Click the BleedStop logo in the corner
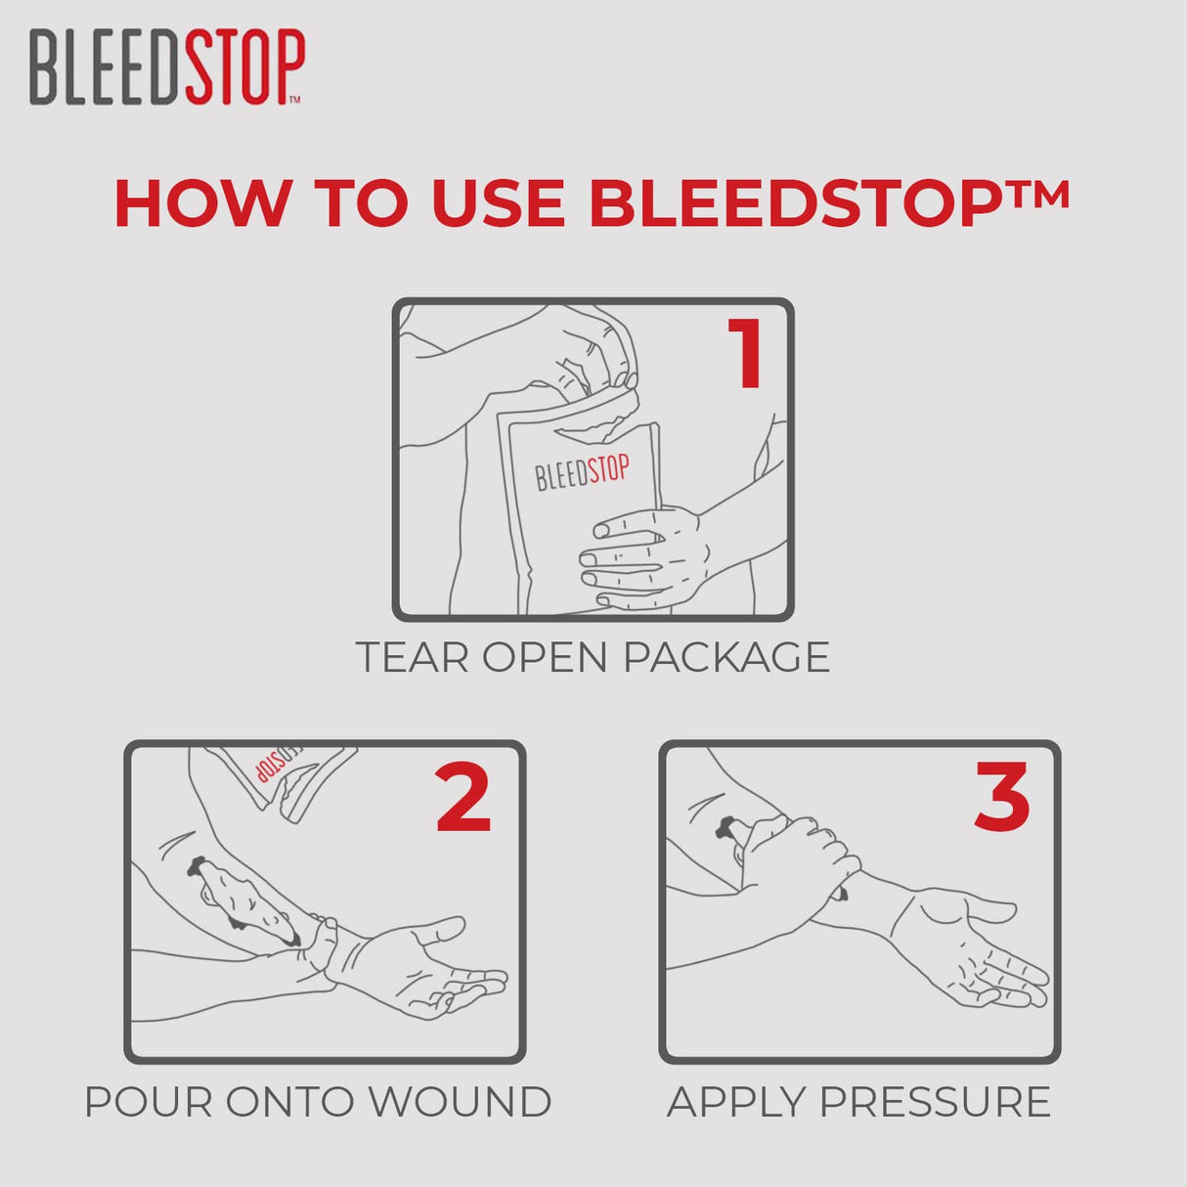pos(166,66)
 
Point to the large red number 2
pos(462,799)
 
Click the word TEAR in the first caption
pos(412,657)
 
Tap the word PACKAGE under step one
pos(725,657)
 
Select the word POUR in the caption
pos(147,1102)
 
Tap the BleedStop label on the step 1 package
pos(582,472)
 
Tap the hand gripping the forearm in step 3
pos(797,860)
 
